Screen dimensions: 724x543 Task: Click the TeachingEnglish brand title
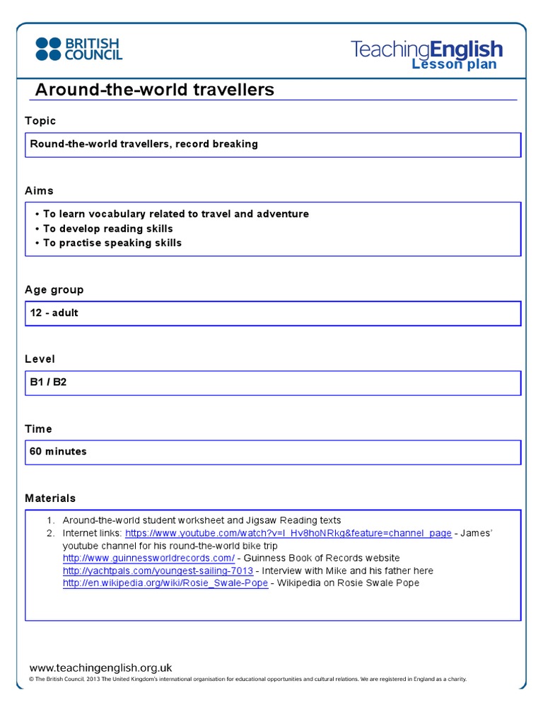click(426, 49)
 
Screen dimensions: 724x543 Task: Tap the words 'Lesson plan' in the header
click(454, 64)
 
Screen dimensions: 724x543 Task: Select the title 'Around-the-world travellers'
click(154, 90)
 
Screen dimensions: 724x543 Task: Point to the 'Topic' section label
click(40, 121)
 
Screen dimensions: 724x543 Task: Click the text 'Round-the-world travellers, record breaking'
click(144, 144)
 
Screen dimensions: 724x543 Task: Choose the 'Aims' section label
click(39, 191)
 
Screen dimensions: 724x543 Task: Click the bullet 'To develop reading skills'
click(107, 228)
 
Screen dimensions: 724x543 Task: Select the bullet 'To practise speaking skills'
click(112, 243)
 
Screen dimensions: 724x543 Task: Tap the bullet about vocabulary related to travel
click(175, 214)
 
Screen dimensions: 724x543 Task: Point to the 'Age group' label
click(54, 290)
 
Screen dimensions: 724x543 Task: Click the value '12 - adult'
click(54, 313)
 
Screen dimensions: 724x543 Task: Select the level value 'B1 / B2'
click(48, 382)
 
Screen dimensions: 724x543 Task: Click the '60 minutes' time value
click(58, 451)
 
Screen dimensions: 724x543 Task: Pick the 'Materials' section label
click(50, 498)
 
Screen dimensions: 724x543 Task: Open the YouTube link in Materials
click(288, 533)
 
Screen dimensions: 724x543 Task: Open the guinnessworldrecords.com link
click(148, 558)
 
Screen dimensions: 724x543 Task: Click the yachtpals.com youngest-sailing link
click(158, 571)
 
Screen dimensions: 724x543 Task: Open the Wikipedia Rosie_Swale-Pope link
click(165, 583)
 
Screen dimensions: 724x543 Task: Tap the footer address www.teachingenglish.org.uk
click(100, 667)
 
